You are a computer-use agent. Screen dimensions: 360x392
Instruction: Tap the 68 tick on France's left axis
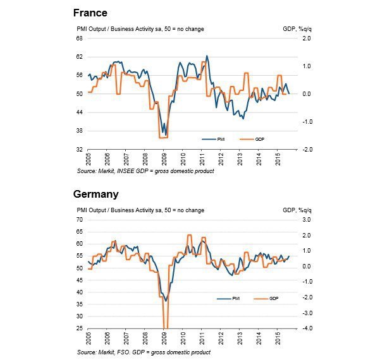pos(80,39)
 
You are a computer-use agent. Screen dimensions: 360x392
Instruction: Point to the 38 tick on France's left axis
pos(80,131)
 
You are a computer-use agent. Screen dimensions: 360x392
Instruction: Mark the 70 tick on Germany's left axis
pos(80,220)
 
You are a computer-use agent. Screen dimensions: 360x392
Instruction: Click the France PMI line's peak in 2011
pos(207,56)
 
